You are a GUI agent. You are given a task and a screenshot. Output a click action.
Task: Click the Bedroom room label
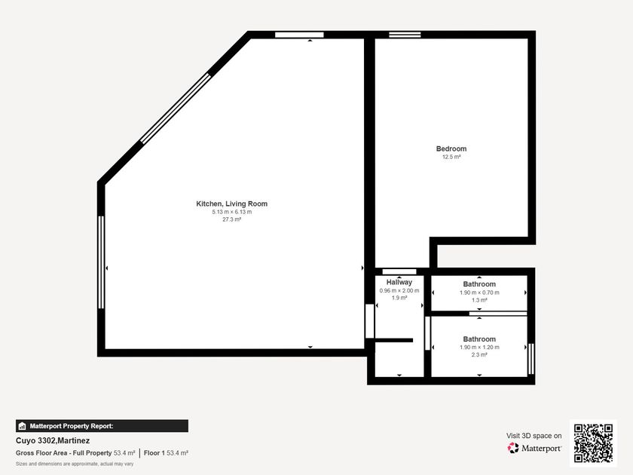click(451, 149)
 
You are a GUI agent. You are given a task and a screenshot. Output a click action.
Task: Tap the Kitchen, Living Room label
click(232, 204)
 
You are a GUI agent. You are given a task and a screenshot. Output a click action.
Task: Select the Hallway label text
click(399, 282)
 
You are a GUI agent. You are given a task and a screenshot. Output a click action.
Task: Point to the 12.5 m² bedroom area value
click(451, 157)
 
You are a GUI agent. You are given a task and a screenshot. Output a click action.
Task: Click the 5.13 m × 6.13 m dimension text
click(232, 212)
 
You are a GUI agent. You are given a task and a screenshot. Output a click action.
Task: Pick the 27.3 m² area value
click(232, 219)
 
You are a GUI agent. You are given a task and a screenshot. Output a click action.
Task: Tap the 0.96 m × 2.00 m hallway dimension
click(399, 290)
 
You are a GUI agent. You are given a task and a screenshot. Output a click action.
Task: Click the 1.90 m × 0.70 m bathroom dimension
click(479, 293)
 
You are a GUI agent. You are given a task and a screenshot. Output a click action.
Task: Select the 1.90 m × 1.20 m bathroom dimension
click(479, 347)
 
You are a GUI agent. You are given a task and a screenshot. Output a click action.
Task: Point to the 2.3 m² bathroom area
click(479, 354)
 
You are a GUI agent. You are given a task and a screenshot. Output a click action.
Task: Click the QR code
click(594, 443)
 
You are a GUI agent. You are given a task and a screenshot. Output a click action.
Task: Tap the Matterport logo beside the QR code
click(534, 448)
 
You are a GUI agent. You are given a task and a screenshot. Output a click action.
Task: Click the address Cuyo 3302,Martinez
click(53, 440)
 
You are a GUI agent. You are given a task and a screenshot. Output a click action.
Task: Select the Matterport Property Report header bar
click(102, 426)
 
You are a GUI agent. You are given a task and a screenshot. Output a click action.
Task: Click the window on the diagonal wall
click(176, 109)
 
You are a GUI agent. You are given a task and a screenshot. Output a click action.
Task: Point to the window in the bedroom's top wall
click(405, 35)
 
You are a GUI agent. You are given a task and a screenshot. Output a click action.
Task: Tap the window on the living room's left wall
click(101, 262)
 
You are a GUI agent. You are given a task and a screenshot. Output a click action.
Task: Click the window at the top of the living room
click(299, 35)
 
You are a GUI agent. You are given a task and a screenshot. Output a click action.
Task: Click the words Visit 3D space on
click(534, 436)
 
